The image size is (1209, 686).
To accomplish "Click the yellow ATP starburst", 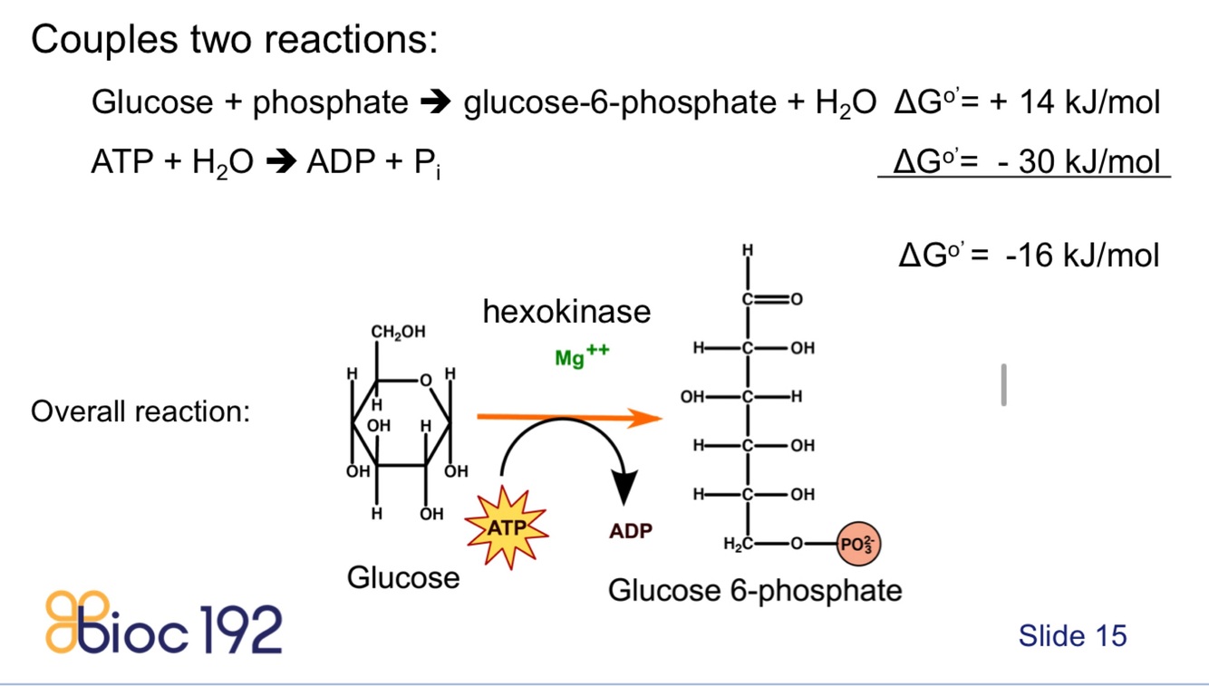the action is coord(507,527).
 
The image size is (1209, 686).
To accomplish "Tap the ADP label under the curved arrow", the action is coord(630,531).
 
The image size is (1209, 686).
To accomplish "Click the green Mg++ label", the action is coord(581,357).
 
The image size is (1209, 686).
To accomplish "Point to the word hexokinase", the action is coord(566,312).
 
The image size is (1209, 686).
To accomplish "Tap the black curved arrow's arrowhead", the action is coord(624,489).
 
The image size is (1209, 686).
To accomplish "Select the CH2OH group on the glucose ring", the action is coord(398,333).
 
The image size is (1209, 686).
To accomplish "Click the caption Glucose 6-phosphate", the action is coord(755,591).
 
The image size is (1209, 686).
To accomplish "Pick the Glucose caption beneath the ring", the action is coord(403,576).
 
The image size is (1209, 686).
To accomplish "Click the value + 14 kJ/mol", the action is coord(1074,102).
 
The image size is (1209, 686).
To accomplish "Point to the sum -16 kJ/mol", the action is coord(1081,255).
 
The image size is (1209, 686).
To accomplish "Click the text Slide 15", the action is coord(1072,635).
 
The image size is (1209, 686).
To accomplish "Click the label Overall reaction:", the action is coord(140,411).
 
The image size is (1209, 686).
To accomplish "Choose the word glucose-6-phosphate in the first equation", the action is coord(619,103).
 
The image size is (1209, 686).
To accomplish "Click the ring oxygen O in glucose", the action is coord(424,381).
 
